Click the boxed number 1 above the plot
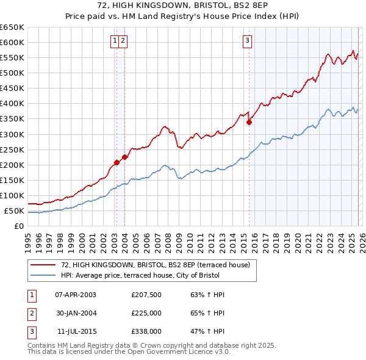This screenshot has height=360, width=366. tap(115, 41)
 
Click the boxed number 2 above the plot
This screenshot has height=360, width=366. tap(123, 41)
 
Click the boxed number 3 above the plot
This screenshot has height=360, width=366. tap(247, 41)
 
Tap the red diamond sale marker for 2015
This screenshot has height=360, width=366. tap(249, 122)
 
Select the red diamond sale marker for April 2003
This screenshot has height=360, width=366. tap(117, 162)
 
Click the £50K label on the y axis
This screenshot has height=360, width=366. tap(14, 211)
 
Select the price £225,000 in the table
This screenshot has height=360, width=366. tap(146, 313)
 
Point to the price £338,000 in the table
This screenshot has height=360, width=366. tap(146, 331)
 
